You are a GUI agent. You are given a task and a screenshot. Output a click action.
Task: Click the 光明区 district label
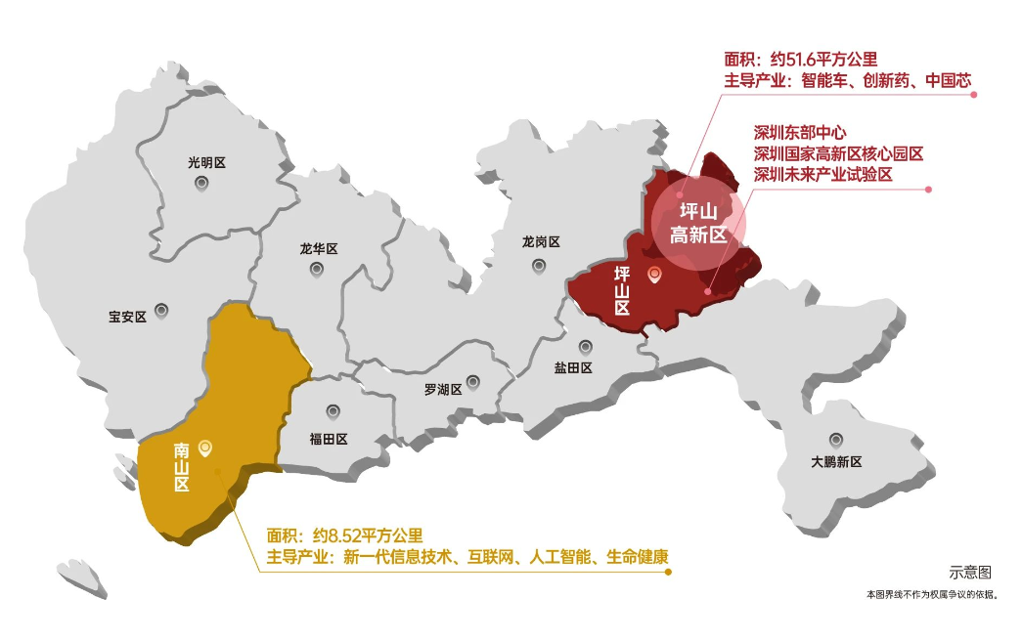point(206,163)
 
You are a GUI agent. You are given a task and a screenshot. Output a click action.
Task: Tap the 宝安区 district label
point(127,317)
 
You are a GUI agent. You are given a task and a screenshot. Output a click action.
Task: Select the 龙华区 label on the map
point(319,249)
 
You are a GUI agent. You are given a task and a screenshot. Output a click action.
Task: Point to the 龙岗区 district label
point(541,241)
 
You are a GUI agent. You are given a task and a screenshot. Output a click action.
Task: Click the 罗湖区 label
point(443,390)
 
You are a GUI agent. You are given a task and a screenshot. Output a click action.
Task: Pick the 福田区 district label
point(329,439)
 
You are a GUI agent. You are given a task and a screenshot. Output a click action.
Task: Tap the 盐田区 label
point(573,368)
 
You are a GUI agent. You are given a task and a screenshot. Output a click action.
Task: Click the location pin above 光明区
point(201,183)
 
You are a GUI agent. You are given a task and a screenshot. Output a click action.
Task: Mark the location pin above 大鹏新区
point(835,440)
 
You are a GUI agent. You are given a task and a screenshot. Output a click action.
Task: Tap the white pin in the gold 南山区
point(205,448)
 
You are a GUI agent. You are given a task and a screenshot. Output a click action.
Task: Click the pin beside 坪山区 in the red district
point(655,276)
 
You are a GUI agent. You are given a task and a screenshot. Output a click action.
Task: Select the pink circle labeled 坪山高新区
point(699,223)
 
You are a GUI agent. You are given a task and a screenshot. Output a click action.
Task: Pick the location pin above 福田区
point(333,411)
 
